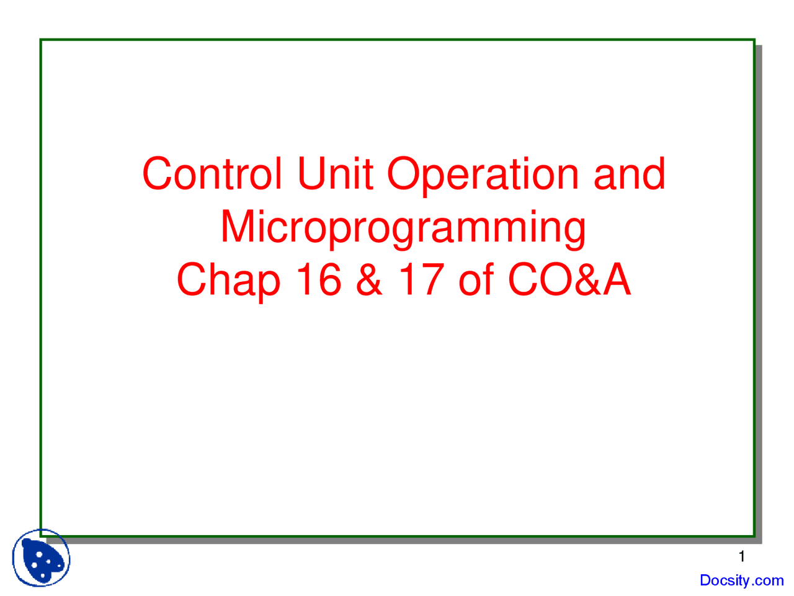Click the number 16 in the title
pyautogui.click(x=318, y=279)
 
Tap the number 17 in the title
pyautogui.click(x=421, y=279)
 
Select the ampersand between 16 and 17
pyautogui.click(x=370, y=279)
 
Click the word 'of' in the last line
pyautogui.click(x=476, y=279)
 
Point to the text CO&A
pyautogui.click(x=569, y=279)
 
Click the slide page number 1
pyautogui.click(x=741, y=556)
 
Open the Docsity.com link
pyautogui.click(x=741, y=580)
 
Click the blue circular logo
pyautogui.click(x=42, y=558)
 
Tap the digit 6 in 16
pyautogui.click(x=329, y=279)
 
